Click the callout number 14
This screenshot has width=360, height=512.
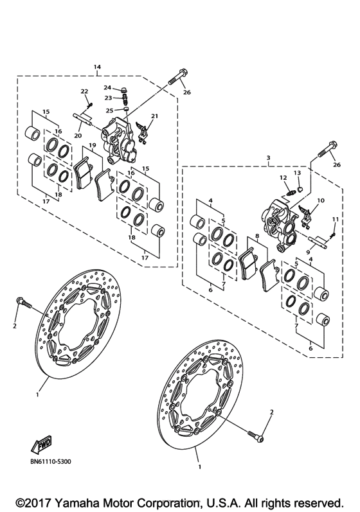[x=97, y=67]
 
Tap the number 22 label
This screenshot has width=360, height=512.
[x=84, y=92]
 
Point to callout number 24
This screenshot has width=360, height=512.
[x=107, y=87]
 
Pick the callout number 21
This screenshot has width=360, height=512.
[x=154, y=116]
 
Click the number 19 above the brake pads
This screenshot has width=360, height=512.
[x=93, y=146]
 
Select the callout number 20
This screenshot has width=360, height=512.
[x=78, y=136]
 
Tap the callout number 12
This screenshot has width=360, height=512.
[x=282, y=177]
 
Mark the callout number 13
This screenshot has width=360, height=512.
[x=298, y=173]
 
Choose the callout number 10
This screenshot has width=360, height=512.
[x=320, y=200]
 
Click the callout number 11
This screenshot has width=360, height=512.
[x=334, y=220]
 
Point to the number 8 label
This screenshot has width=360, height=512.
[x=257, y=236]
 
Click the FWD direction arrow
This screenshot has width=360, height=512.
[x=40, y=444]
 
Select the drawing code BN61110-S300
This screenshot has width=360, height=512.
[x=50, y=461]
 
